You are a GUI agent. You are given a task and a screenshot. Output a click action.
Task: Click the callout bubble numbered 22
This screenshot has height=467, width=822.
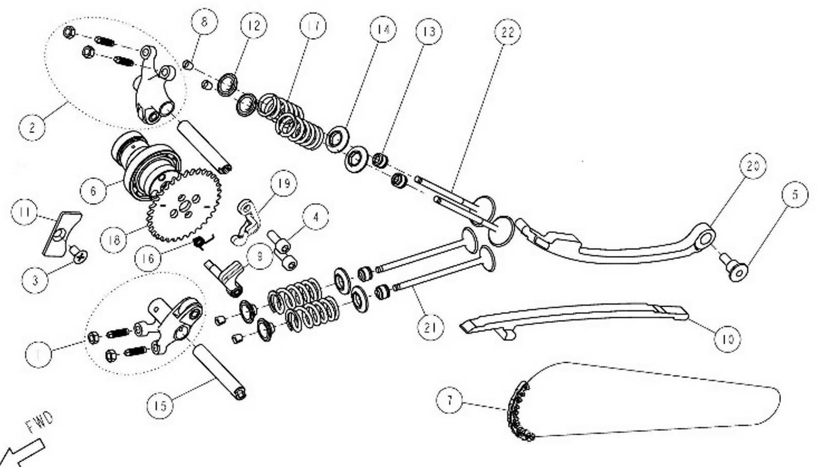507,32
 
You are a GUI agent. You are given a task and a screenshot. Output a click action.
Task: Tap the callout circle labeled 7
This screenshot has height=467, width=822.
450,399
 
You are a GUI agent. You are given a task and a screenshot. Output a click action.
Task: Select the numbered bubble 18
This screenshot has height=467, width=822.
114,240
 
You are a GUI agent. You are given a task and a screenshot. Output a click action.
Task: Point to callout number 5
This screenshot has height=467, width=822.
795,195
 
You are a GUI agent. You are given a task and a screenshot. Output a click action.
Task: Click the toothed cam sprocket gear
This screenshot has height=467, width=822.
185,205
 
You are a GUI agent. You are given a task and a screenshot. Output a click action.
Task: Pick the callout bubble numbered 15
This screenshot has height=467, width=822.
160,406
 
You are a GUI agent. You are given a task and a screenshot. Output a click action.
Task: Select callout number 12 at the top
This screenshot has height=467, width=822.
254,26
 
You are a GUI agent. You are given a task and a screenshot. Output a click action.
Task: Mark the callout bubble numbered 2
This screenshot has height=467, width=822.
32,126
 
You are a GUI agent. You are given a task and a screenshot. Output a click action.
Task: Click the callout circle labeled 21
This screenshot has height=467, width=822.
430,327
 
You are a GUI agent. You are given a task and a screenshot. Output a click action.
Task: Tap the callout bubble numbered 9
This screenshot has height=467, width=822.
259,256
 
